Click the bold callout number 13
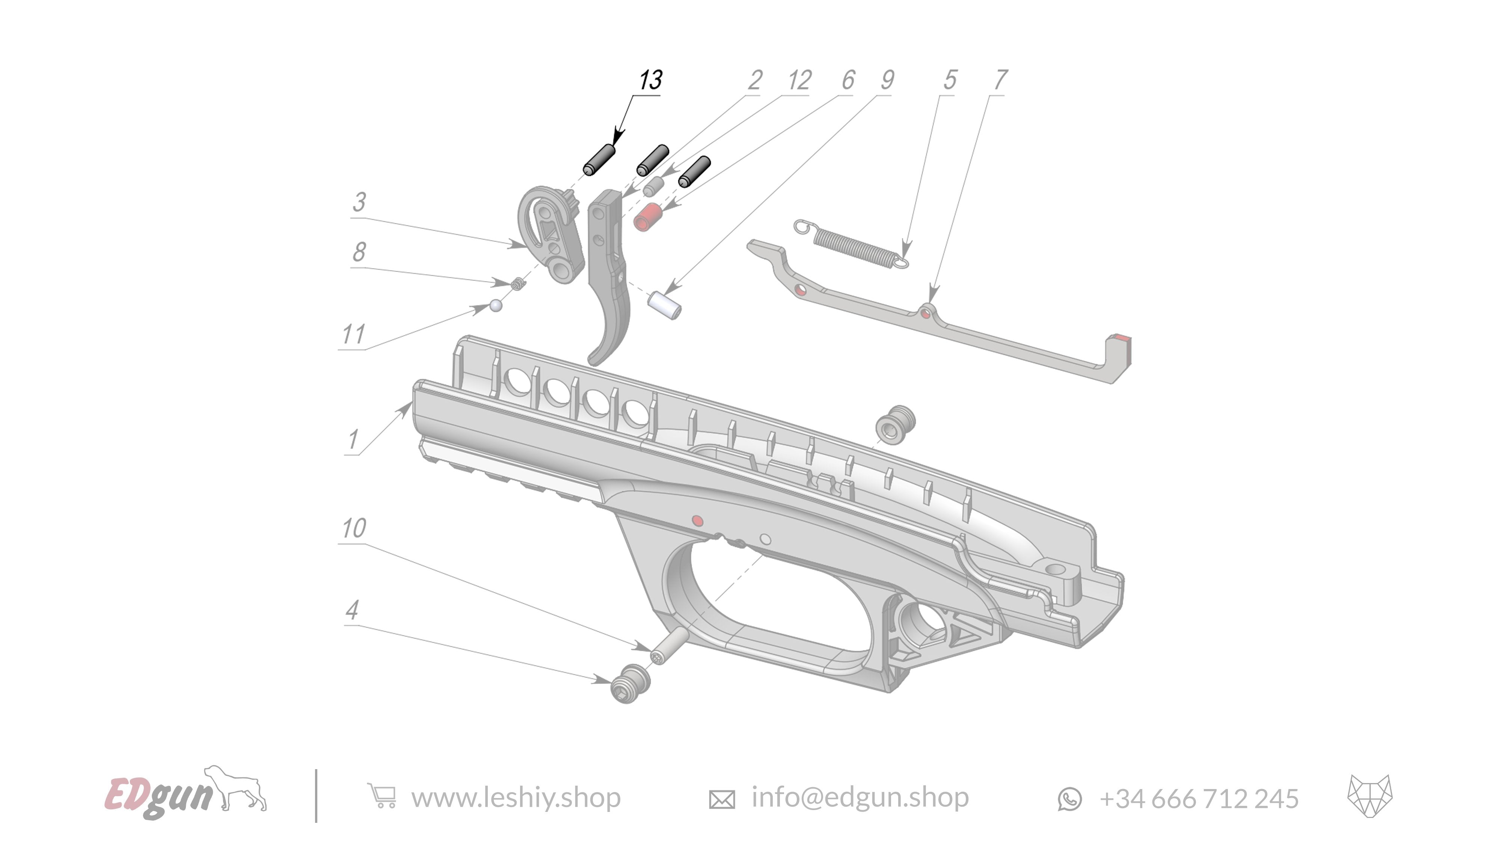(650, 80)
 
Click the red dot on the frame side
(697, 520)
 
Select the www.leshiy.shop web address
(516, 797)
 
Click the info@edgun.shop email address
(860, 797)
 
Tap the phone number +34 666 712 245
(1199, 798)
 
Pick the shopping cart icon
(382, 795)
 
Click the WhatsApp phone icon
(1069, 798)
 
